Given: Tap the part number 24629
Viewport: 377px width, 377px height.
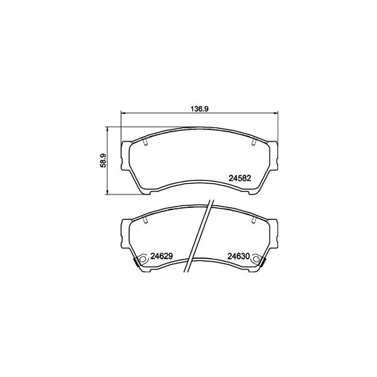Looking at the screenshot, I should click(x=163, y=257).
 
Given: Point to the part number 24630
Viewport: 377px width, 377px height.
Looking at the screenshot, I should click(x=240, y=257).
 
